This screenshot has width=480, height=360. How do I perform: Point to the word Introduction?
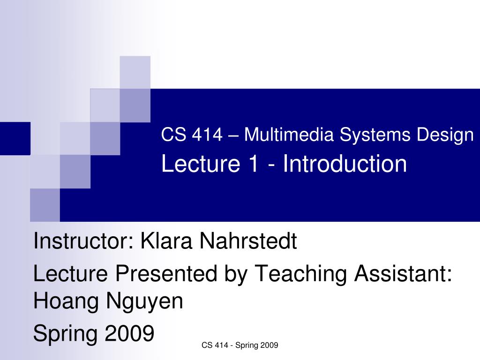(345, 164)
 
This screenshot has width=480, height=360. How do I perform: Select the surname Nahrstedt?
(248, 242)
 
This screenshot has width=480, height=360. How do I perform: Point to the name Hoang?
(66, 301)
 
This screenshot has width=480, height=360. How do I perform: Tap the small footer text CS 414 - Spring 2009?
(240, 345)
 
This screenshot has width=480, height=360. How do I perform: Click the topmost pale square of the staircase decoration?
(135, 72)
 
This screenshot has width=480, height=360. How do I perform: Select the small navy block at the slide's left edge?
(15, 138)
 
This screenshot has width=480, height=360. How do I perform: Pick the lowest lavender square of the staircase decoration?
(45, 205)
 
